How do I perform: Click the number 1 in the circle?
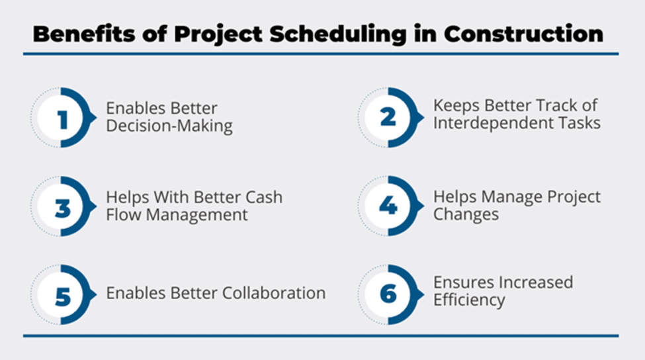[x=63, y=120]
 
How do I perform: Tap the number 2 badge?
[x=388, y=117]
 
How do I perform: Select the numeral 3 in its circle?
[x=63, y=208]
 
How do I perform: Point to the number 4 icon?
[x=388, y=205]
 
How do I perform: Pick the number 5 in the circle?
[x=63, y=296]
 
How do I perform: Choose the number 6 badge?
[x=388, y=294]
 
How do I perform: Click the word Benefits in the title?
[x=84, y=34]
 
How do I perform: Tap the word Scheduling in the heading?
[x=338, y=34]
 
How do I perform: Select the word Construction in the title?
[x=524, y=34]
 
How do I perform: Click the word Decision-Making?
[x=169, y=126]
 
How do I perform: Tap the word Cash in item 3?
[x=264, y=197]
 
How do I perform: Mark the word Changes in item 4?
[x=466, y=214]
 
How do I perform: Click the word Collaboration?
[x=274, y=293]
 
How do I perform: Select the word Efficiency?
[x=469, y=300]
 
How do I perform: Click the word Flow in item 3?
[x=124, y=215]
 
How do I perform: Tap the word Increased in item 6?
[x=536, y=282]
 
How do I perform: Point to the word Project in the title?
[x=218, y=34]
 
